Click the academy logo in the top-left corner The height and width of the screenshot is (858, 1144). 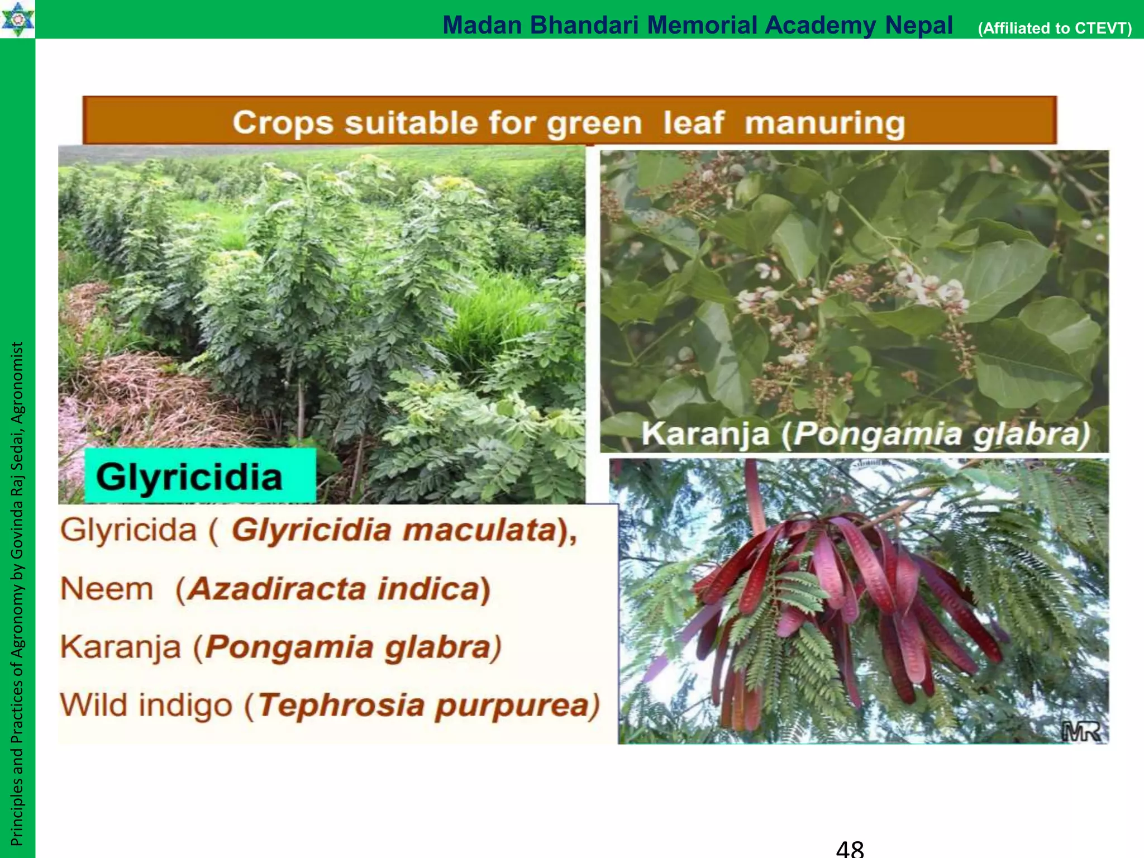pos(17,18)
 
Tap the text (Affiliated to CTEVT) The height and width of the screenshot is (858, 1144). pos(1055,28)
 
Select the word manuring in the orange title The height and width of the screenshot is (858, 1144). pos(824,123)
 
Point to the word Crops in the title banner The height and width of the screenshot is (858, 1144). pos(282,123)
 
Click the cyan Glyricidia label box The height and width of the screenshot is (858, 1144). pos(200,476)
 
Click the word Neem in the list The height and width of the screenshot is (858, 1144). pos(107,589)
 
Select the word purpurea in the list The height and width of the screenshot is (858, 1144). pos(513,705)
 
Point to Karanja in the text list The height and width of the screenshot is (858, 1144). pos(121,647)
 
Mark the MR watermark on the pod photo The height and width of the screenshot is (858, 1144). pos(1081,731)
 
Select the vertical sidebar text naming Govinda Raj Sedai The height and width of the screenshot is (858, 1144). pos(17,592)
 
